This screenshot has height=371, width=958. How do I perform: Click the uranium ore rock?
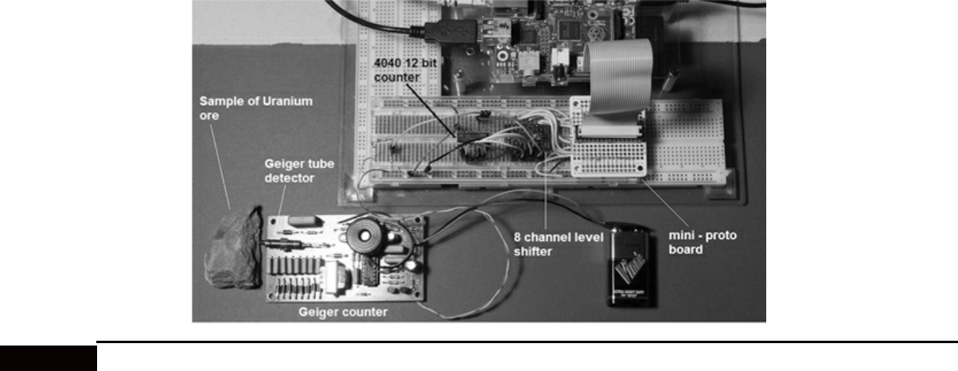point(233,249)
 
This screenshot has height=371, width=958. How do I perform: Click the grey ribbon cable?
point(618,76)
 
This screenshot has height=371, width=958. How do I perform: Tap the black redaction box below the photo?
point(48,357)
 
